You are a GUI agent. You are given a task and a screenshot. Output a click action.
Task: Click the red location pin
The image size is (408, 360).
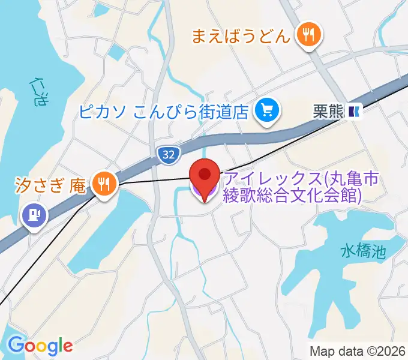[x=205, y=175]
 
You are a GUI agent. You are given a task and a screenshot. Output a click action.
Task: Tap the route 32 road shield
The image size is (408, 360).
[x=169, y=155]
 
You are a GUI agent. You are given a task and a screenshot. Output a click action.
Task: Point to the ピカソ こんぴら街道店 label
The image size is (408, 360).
[x=163, y=111]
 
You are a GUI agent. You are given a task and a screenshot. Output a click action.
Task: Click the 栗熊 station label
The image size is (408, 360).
[x=328, y=110]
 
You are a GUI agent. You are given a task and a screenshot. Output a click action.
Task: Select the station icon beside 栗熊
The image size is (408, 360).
[x=355, y=110]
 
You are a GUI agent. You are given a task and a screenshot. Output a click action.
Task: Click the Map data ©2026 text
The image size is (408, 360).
[x=357, y=350]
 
